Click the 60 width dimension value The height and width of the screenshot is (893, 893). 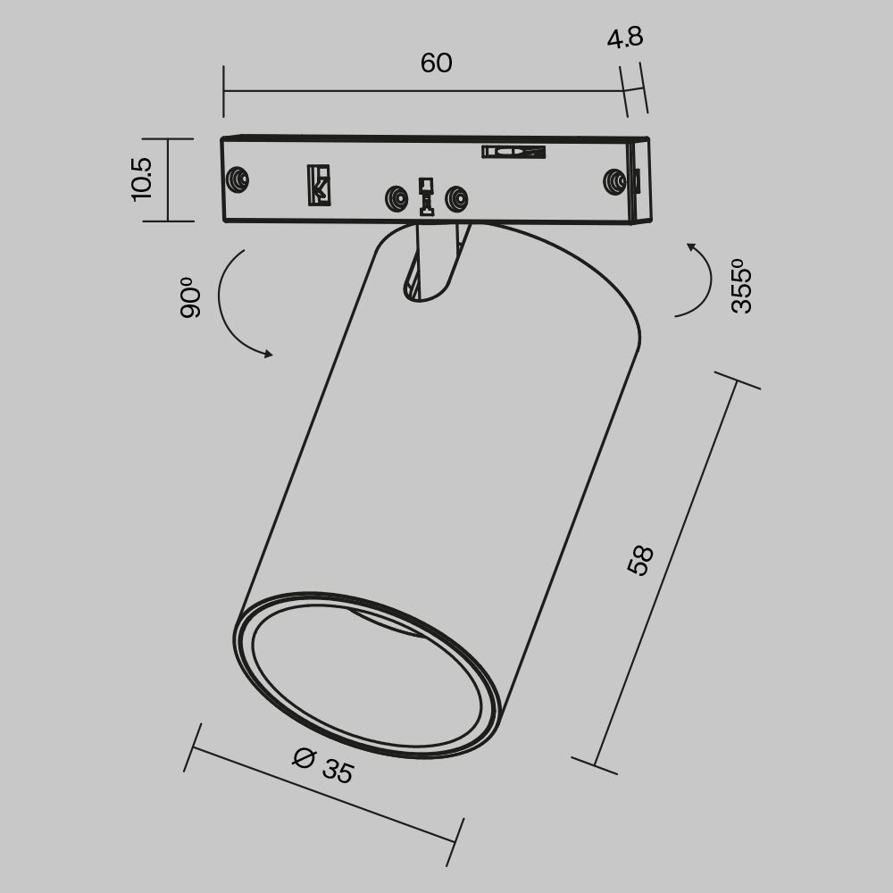tap(436, 63)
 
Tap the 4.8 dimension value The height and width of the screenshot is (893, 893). tap(624, 39)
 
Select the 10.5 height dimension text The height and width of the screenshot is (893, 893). tap(142, 179)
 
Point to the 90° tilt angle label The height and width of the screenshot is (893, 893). tap(189, 298)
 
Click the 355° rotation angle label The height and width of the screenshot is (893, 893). tap(741, 286)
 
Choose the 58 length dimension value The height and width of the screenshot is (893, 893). tap(640, 560)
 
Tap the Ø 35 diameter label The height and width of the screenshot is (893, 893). tap(323, 765)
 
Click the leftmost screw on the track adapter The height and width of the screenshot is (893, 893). tap(238, 179)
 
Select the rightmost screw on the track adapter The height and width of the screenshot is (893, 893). tap(614, 181)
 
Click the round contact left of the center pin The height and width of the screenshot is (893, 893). tap(396, 198)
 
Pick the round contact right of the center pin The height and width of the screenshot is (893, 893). tap(456, 198)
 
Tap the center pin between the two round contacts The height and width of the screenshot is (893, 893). tap(427, 197)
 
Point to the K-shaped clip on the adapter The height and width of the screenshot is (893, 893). tap(319, 185)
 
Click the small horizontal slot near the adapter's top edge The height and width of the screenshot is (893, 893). tap(513, 152)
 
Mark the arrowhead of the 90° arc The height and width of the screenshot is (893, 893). tap(267, 355)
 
